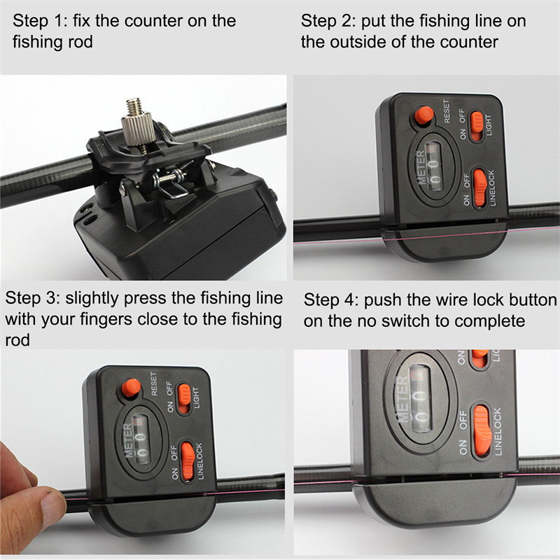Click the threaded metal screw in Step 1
(x=137, y=123)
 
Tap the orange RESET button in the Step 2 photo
(x=424, y=115)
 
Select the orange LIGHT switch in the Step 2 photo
(x=477, y=126)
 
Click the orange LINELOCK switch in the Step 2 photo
(x=480, y=188)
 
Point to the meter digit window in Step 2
(x=433, y=166)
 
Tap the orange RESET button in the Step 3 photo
(x=131, y=388)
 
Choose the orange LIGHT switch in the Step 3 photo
(x=184, y=398)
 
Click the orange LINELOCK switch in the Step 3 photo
(x=188, y=461)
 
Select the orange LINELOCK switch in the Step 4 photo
(x=482, y=433)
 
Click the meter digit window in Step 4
(x=421, y=398)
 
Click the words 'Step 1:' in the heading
(x=40, y=21)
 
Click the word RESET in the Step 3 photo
(x=154, y=384)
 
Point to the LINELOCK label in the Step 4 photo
(x=498, y=431)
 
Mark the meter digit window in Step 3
(x=141, y=440)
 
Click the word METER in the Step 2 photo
(x=421, y=167)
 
